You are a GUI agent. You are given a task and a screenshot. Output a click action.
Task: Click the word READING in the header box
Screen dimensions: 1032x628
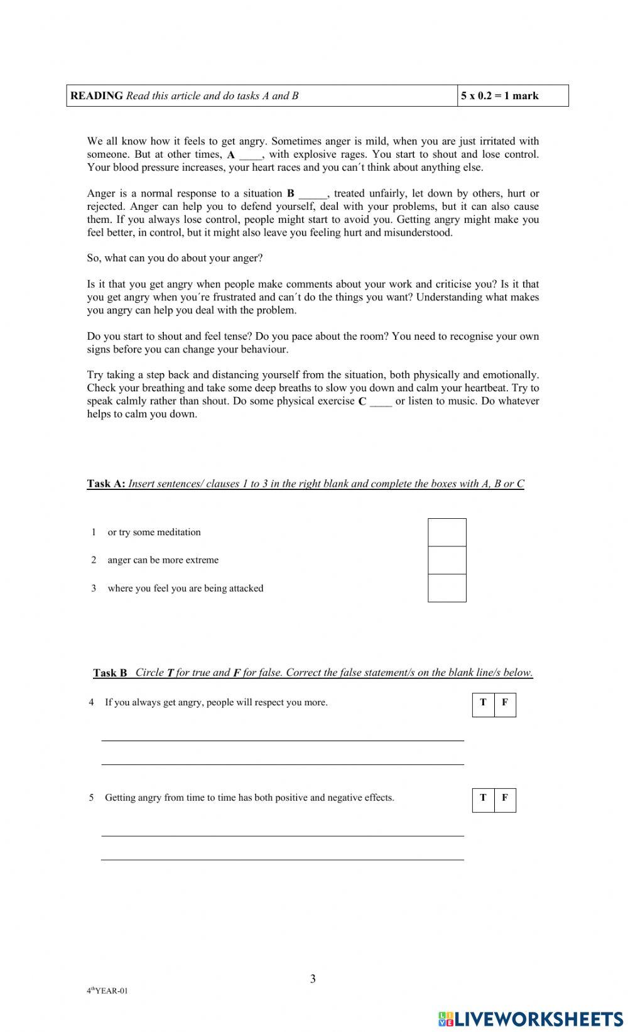[x=97, y=96]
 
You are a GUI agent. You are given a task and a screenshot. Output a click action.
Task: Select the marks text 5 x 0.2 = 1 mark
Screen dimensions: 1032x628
[x=500, y=96]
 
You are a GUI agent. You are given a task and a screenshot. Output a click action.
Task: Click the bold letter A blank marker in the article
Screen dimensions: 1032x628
[x=231, y=155]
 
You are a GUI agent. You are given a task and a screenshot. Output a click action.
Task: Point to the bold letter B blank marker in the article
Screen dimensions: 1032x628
[x=290, y=193]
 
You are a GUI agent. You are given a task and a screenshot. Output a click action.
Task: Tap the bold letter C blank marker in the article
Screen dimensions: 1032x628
[x=362, y=401]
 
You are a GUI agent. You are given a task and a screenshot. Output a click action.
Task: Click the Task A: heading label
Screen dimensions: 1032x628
[x=106, y=484]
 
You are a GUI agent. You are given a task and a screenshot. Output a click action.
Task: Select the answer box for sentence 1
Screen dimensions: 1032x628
[x=447, y=532]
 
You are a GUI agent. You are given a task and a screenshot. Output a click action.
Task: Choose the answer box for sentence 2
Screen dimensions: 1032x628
[x=447, y=560]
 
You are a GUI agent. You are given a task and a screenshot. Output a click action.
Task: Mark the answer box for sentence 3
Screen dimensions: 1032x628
[x=447, y=588]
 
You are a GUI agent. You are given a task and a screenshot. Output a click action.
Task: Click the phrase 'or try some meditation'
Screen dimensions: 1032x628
[x=154, y=532]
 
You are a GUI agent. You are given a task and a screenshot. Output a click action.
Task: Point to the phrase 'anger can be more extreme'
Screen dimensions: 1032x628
[x=163, y=560]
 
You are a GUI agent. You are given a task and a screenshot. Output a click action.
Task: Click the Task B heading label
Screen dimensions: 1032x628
[x=110, y=673]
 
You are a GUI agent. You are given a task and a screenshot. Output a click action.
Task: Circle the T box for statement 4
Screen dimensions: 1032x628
[x=483, y=703]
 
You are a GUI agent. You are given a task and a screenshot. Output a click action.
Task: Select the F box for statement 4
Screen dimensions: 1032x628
[x=505, y=703]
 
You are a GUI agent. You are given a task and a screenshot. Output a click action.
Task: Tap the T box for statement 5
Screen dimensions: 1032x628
[x=483, y=798]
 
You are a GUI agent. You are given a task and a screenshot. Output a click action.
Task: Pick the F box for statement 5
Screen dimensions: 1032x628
[x=505, y=798]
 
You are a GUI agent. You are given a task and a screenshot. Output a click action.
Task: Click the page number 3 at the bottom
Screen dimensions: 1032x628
[x=313, y=979]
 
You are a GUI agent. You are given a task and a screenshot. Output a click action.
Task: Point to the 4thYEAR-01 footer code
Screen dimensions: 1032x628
[x=107, y=991]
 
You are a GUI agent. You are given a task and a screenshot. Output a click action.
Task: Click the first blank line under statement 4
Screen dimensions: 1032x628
[x=283, y=739]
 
